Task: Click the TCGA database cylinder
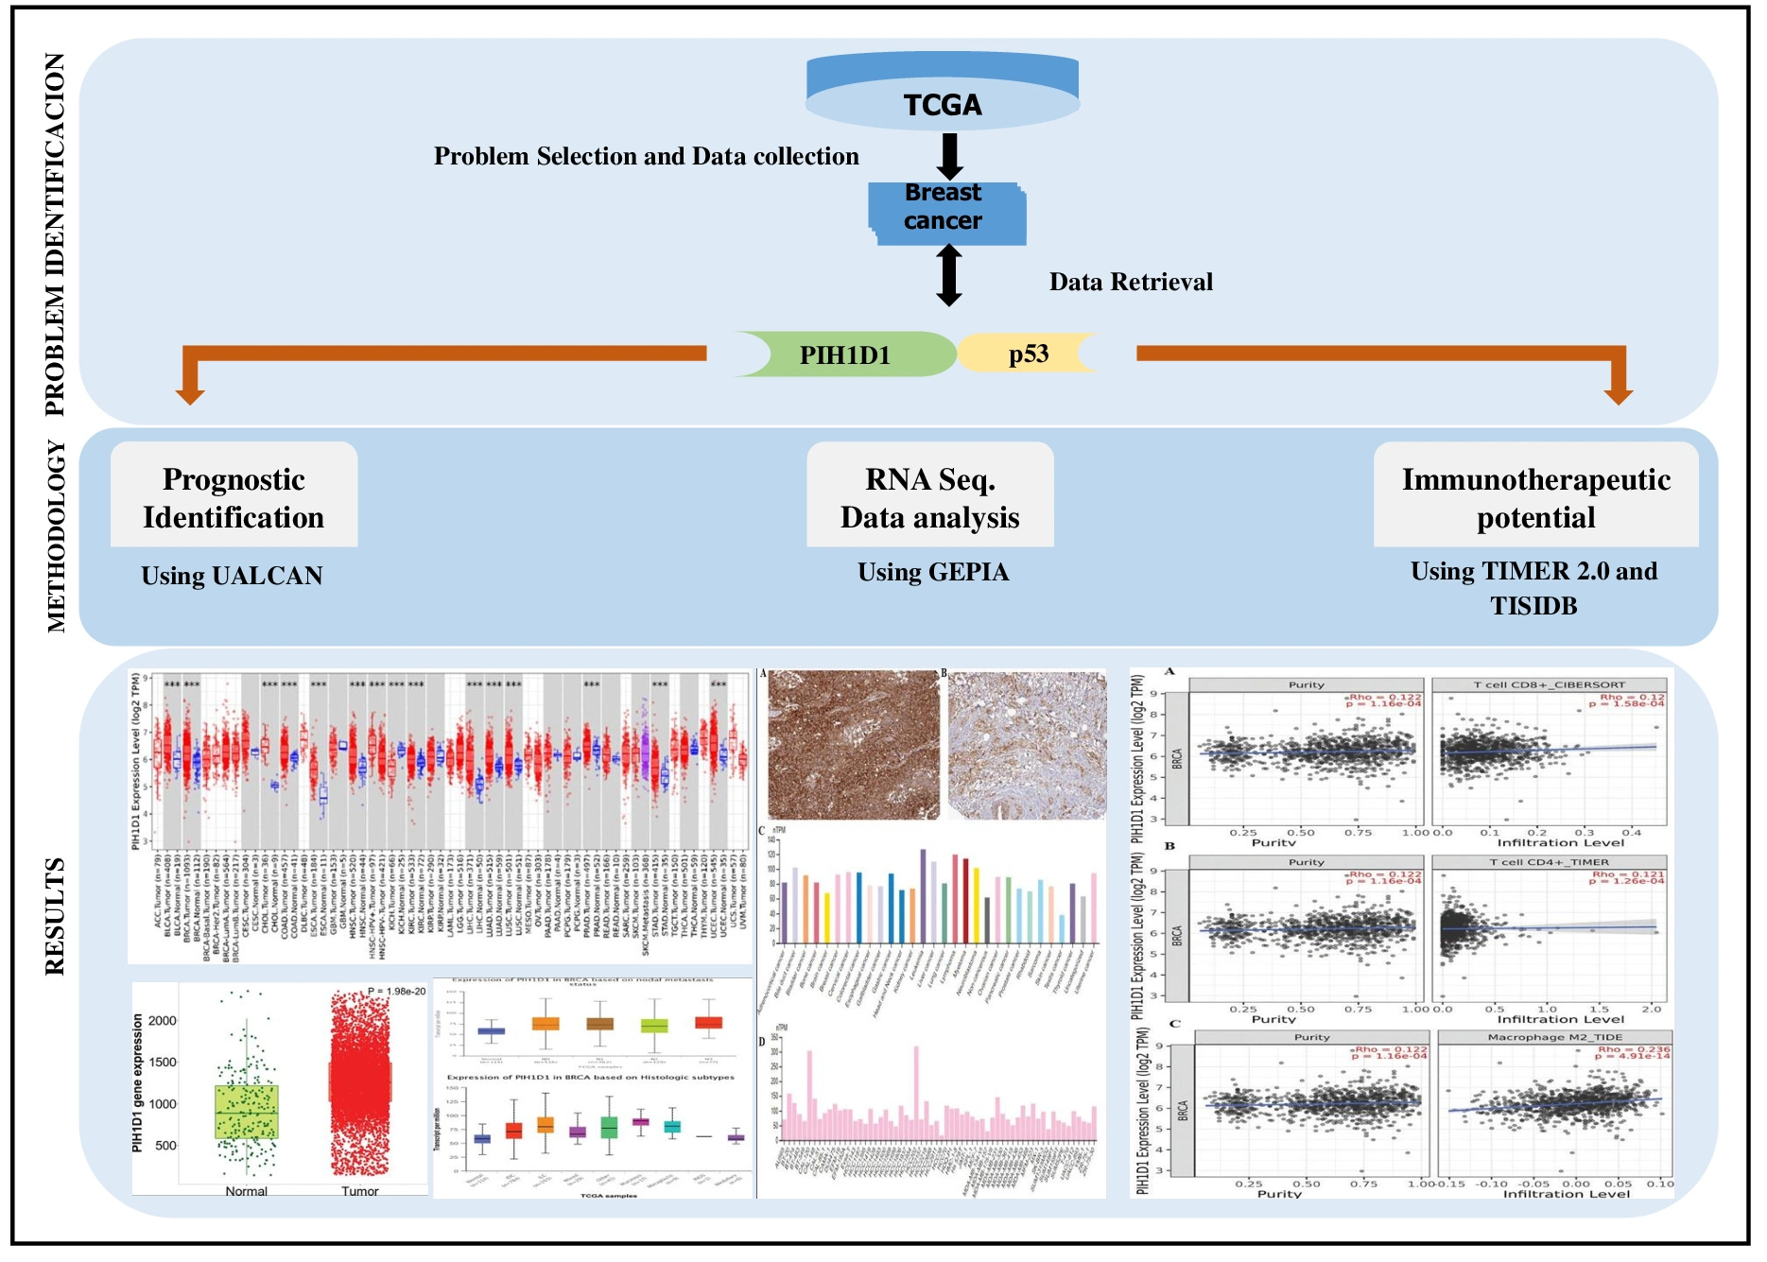click(942, 93)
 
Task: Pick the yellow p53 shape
click(1028, 354)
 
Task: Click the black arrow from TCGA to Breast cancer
click(949, 155)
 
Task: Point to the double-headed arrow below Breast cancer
click(949, 276)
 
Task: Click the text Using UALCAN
click(232, 576)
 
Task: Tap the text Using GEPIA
click(933, 572)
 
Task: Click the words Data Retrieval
click(1131, 282)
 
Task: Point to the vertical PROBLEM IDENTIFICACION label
click(56, 234)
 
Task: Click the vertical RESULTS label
click(56, 916)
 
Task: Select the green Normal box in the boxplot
click(246, 1112)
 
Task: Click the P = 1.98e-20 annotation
click(396, 992)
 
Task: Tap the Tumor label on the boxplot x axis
click(359, 1191)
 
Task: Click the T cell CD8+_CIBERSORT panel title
click(1549, 684)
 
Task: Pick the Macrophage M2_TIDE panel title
click(1554, 1037)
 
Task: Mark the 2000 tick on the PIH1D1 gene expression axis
click(163, 1021)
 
